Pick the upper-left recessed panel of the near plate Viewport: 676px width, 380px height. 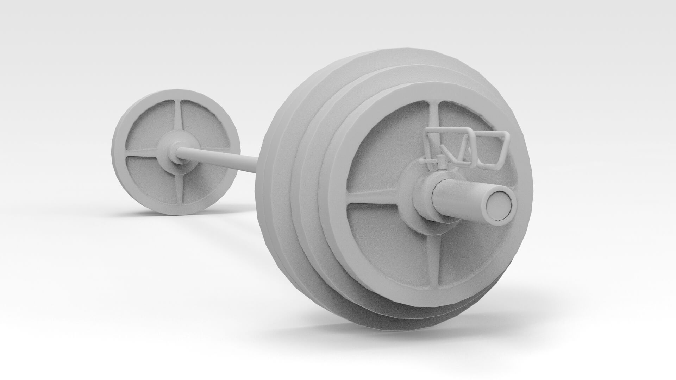(x=387, y=148)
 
